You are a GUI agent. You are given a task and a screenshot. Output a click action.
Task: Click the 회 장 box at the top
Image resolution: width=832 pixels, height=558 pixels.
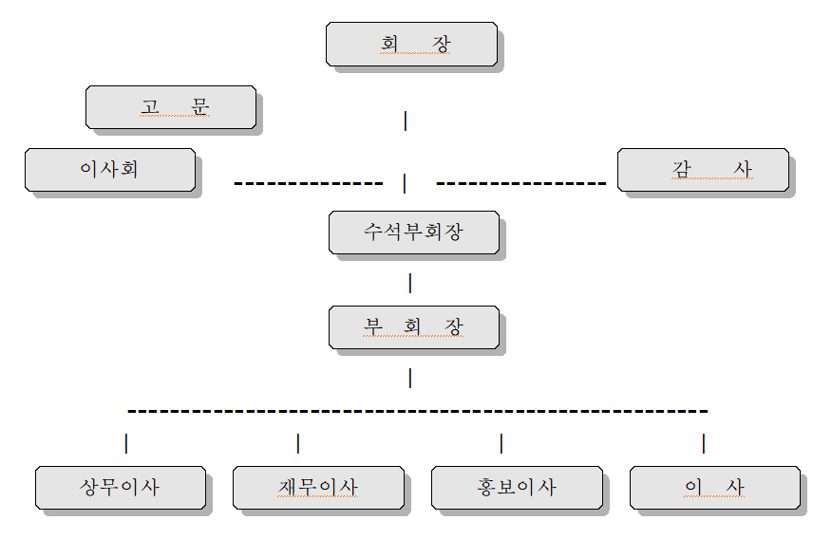[411, 45]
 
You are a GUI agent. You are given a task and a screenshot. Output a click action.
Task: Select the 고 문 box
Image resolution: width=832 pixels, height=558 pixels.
[171, 107]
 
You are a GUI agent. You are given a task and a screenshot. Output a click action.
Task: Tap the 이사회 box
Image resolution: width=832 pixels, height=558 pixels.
[110, 170]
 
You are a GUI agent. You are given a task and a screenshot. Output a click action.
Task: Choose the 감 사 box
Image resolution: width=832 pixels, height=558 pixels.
[703, 170]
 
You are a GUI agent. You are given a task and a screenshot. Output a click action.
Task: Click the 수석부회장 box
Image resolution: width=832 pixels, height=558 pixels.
[413, 232]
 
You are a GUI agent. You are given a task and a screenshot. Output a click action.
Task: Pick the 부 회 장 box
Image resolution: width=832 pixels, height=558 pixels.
[413, 327]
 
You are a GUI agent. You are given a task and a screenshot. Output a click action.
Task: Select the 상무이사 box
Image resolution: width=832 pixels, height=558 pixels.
[121, 488]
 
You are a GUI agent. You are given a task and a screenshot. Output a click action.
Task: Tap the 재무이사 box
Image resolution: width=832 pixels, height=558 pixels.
[318, 488]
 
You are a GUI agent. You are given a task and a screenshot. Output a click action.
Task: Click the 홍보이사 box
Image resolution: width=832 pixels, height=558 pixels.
[517, 488]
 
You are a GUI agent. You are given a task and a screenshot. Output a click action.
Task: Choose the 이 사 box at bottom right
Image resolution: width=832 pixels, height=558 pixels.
[715, 488]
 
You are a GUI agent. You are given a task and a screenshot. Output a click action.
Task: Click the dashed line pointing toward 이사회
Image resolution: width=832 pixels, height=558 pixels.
[308, 182]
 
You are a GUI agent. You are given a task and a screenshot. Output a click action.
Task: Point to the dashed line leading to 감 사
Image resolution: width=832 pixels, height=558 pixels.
[520, 182]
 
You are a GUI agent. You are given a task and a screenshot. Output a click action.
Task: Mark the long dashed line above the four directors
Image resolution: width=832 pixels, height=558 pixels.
[418, 411]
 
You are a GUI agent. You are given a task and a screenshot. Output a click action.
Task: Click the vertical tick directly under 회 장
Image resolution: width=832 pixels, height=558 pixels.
[406, 121]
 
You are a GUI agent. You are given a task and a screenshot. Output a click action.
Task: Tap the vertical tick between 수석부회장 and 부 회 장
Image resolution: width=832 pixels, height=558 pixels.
[410, 283]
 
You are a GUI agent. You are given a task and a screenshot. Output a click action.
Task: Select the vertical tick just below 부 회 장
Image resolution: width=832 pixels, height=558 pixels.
[410, 378]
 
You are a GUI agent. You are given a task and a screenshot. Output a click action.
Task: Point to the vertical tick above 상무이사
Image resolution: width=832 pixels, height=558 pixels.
[126, 443]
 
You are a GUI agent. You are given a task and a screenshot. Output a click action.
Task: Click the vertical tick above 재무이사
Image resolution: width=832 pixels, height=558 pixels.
[298, 443]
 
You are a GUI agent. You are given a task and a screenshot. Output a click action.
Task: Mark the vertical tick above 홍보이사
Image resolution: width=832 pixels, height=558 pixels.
[501, 443]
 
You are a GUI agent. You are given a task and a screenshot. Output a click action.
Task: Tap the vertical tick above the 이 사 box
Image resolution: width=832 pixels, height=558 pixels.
[704, 443]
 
